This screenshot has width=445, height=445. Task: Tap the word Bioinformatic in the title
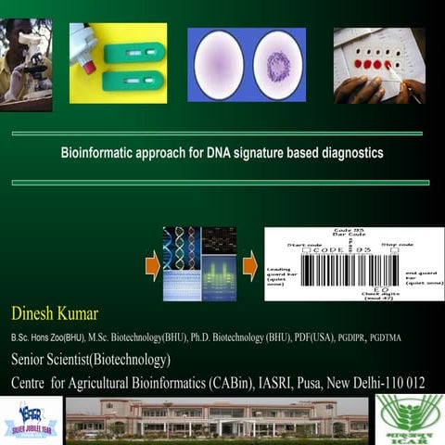(x=95, y=152)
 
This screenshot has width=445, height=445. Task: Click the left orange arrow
(x=152, y=269)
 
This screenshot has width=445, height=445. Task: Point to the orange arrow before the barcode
(x=249, y=269)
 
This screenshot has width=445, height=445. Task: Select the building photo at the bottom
(x=217, y=418)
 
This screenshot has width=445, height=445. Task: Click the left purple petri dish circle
(x=218, y=64)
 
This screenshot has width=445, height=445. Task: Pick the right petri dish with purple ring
(x=279, y=64)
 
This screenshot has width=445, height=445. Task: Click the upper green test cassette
(x=134, y=53)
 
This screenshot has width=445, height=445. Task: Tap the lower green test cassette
(x=134, y=82)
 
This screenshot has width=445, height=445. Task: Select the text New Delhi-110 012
(x=376, y=381)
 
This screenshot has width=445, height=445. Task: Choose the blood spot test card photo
(x=379, y=64)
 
